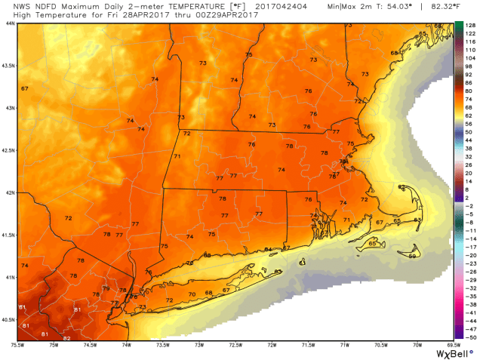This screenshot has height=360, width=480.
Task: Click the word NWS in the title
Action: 11,5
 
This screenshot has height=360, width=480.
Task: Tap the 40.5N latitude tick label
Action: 8,319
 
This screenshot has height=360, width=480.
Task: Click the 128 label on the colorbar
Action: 470,24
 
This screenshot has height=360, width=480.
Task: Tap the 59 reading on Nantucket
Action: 412,257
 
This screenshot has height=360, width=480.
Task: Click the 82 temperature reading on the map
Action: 66,338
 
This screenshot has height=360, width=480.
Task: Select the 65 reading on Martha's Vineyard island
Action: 372,243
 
